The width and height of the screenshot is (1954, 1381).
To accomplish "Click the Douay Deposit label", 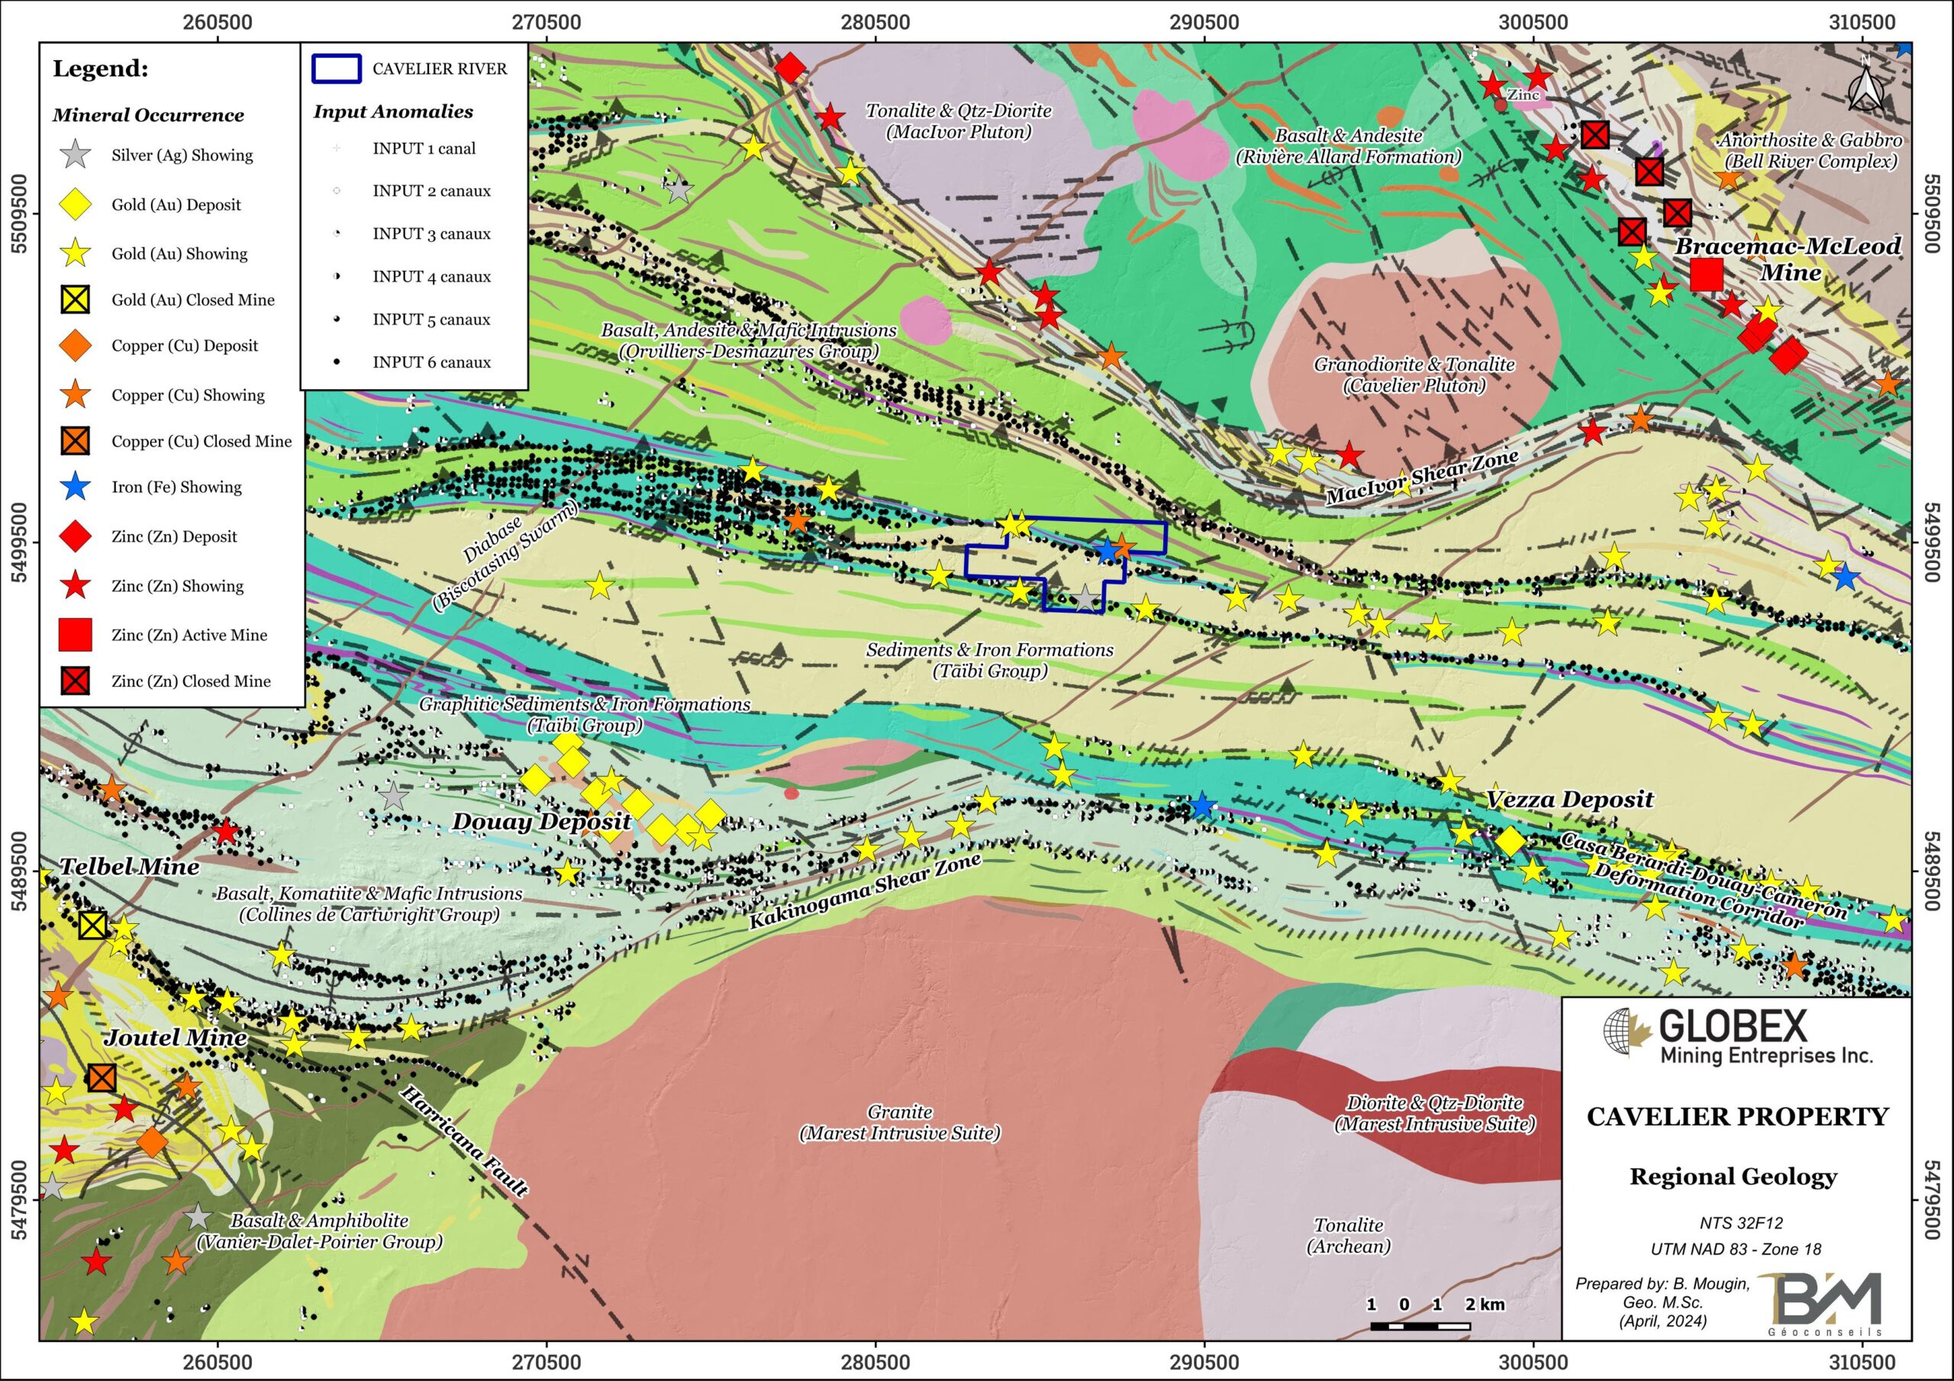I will (x=541, y=821).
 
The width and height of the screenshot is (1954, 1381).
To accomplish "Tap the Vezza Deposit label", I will (x=1569, y=799).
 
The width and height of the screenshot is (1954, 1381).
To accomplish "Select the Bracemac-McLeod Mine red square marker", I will (x=1707, y=274).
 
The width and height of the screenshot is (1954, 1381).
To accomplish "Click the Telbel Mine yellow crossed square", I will (x=93, y=925).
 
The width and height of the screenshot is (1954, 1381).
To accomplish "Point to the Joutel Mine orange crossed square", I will (x=102, y=1078).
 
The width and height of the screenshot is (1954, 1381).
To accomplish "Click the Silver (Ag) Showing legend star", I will (x=76, y=155).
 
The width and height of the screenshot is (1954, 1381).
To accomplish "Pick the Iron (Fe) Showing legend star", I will (x=76, y=487).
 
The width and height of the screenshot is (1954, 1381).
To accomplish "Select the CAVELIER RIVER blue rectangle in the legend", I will (x=336, y=69).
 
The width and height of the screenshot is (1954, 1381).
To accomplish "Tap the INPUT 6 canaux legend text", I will (x=431, y=362).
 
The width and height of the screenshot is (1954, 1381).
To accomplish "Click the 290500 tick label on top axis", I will (x=1204, y=22).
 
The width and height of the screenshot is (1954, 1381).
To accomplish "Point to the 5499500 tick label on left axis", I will (x=19, y=543).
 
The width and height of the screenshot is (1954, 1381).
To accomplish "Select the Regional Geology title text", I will (x=1733, y=1176).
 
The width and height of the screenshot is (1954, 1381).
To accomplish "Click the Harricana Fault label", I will (x=464, y=1140).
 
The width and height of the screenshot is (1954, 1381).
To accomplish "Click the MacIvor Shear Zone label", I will (x=1421, y=478).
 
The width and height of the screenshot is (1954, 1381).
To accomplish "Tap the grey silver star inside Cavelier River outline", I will (x=1085, y=598).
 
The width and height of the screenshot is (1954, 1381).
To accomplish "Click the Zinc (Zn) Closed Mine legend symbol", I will (x=76, y=681).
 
